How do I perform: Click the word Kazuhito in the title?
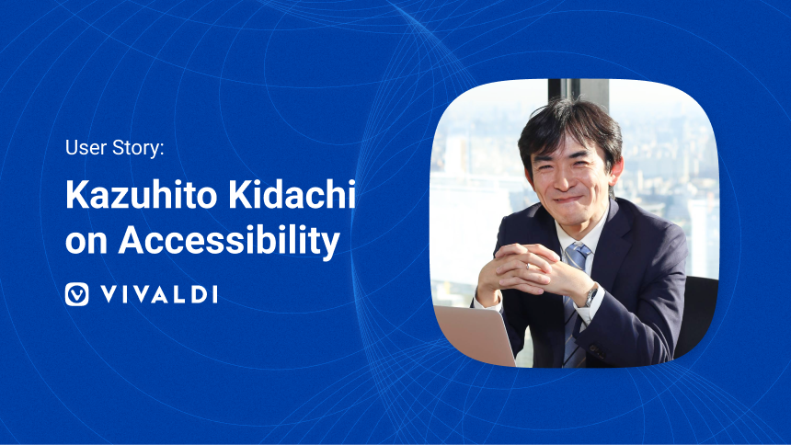[x=143, y=195]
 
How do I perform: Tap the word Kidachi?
[x=292, y=195]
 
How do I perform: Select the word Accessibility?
[x=229, y=241]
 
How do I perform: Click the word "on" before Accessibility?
[x=86, y=243]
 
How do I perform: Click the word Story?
[x=138, y=149]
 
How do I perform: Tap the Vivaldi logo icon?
[x=76, y=294]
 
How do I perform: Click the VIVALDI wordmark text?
[x=159, y=294]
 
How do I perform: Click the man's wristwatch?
[x=591, y=296]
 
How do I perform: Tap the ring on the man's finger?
[x=527, y=266]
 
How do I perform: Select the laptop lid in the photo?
[x=476, y=334]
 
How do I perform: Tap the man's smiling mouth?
[x=569, y=200]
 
